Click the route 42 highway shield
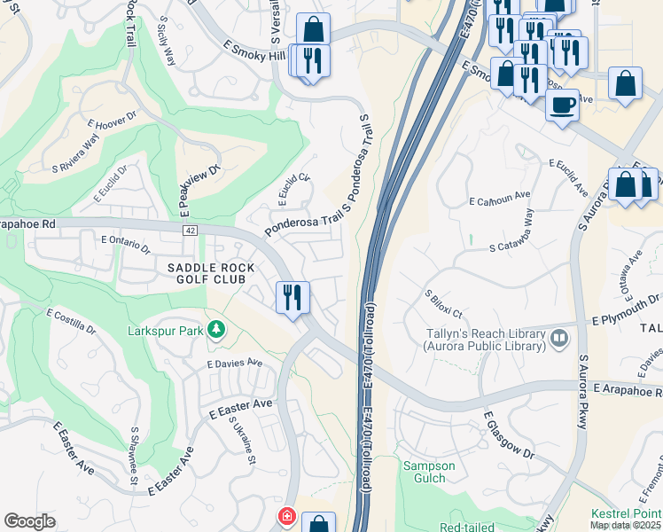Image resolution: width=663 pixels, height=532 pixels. tap(191, 230)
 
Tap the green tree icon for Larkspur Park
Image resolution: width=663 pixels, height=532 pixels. tap(215, 331)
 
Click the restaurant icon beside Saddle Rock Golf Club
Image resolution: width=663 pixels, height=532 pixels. tap(292, 297)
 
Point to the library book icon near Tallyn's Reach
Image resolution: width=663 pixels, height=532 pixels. tap(559, 337)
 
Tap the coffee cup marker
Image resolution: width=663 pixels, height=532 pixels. tap(562, 106)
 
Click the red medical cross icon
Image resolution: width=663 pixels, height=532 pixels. tap(287, 516)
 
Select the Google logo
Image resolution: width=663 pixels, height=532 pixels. tap(29, 521)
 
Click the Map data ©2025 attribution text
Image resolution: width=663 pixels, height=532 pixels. tap(626, 525)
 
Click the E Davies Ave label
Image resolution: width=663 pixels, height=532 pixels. tap(235, 363)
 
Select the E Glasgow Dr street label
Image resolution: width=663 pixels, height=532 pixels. tap(510, 434)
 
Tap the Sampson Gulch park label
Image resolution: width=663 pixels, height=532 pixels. tap(429, 473)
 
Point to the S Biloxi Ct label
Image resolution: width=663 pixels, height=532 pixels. tap(444, 304)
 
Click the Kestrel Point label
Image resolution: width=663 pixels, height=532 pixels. tap(626, 514)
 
